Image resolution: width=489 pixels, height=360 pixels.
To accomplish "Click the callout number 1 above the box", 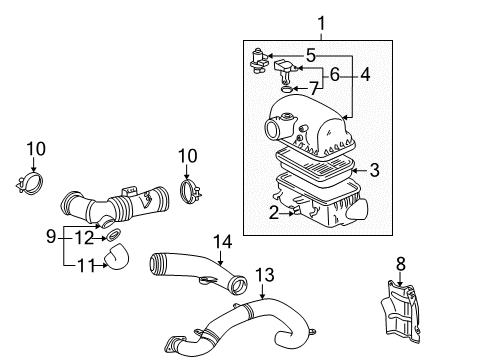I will tap(321, 21).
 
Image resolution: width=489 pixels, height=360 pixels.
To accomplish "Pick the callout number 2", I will tap(272, 211).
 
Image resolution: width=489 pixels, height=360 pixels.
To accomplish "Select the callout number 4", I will tap(367, 73).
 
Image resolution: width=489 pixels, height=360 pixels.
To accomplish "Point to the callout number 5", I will tap(310, 55).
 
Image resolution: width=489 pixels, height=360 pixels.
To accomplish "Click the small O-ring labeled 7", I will tap(289, 90).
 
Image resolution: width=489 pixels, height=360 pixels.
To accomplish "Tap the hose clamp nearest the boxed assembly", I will tap(188, 187).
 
